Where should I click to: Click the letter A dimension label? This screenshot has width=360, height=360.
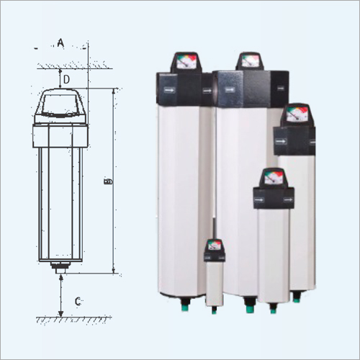click(61, 44)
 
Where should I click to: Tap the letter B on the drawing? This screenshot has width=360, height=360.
click(108, 182)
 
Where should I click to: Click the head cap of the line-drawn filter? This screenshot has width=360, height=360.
click(62, 107)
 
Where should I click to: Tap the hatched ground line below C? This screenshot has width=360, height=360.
click(65, 318)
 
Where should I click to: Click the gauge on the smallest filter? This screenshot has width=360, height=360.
click(213, 245)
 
